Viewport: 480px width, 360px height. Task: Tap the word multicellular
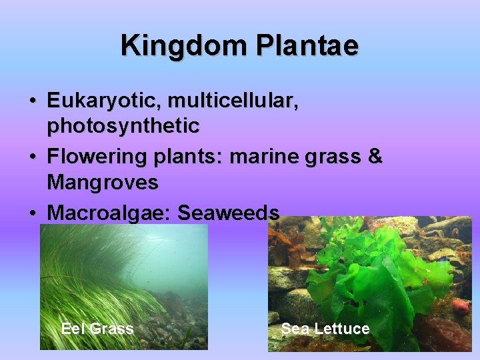[x=233, y=101]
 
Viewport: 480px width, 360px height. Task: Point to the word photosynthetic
[x=123, y=125]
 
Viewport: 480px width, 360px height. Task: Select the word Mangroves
[x=103, y=181]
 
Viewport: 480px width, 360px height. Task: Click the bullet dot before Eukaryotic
[x=33, y=102]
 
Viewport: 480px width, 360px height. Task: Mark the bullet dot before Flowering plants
[x=33, y=158]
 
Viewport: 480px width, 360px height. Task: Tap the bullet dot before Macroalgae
[x=33, y=213]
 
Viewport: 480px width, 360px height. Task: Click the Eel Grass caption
[x=97, y=328]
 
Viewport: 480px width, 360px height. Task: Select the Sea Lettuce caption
[x=325, y=328]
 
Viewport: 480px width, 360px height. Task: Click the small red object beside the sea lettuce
[x=460, y=307]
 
